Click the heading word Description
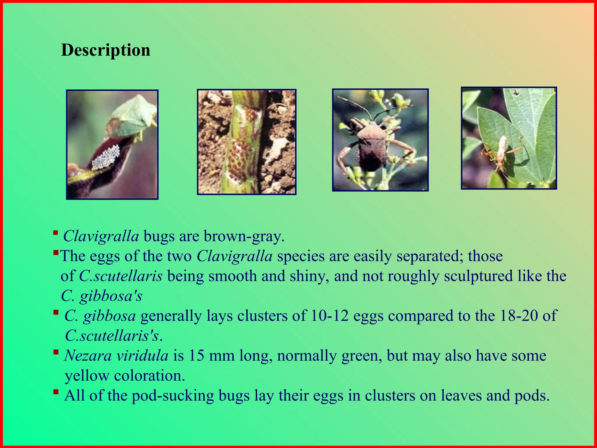point(106,50)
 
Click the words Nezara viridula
point(116,356)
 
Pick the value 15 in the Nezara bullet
point(196,356)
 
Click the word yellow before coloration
point(87,376)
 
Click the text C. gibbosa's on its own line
point(101,296)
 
